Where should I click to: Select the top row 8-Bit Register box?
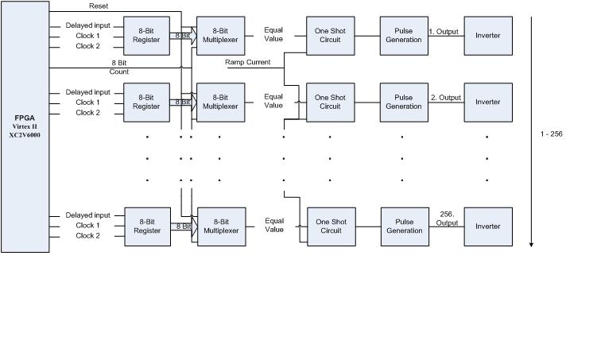tap(146, 36)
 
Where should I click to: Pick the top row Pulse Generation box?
tap(403, 36)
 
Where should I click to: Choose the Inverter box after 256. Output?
tap(488, 226)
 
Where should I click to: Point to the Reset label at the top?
tap(99, 6)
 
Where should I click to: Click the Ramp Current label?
tap(247, 62)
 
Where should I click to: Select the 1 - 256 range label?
tap(550, 134)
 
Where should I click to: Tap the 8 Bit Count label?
tap(119, 67)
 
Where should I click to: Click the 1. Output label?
tap(444, 32)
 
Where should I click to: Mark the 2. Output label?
tap(445, 98)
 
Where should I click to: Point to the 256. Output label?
tap(446, 218)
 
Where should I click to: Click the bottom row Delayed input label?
tap(87, 215)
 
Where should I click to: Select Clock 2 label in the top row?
tap(87, 46)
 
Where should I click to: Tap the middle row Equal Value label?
tap(273, 101)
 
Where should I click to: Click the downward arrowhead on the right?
tap(531, 243)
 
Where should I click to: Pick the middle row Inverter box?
tap(487, 102)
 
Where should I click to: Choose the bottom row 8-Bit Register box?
tap(147, 226)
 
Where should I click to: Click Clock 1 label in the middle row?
tap(87, 103)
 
